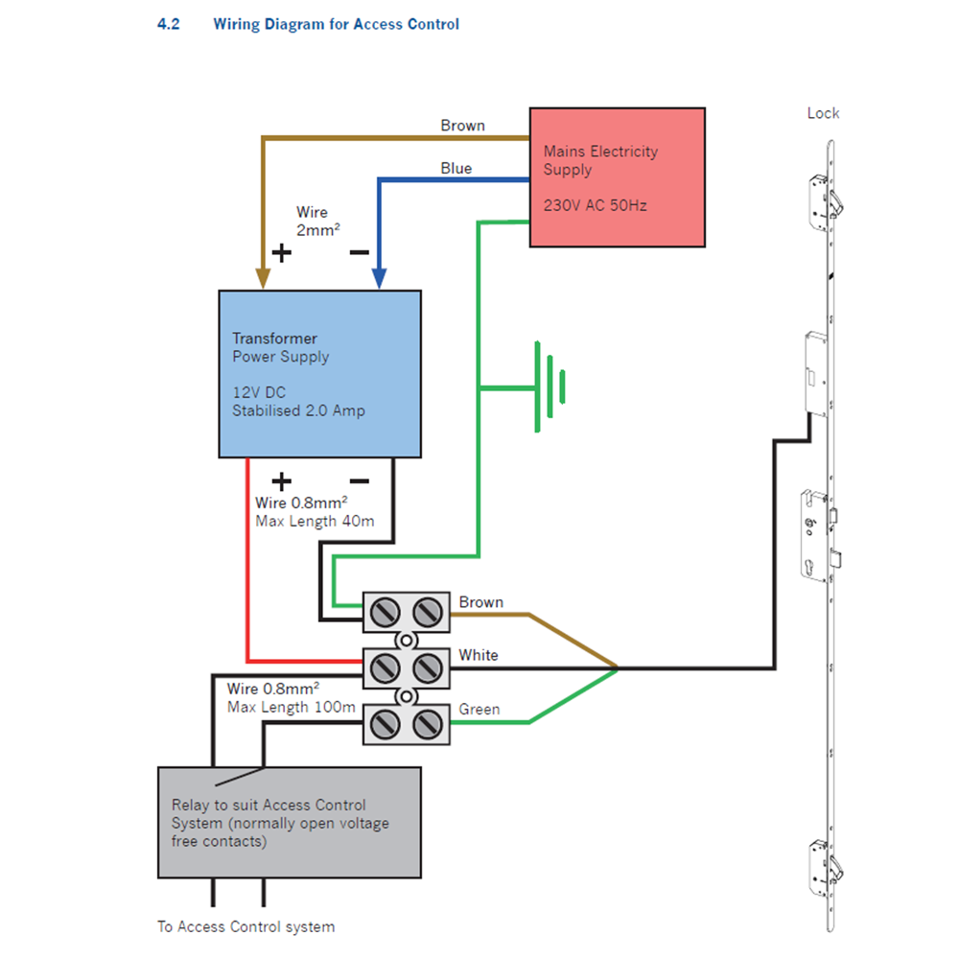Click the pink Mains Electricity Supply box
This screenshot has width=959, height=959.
tap(618, 177)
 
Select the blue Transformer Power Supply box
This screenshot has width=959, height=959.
tap(319, 374)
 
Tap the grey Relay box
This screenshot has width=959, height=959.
tap(289, 822)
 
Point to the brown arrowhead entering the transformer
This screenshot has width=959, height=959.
tap(262, 278)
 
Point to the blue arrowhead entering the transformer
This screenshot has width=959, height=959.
tap(380, 278)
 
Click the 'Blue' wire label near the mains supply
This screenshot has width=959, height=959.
tap(456, 168)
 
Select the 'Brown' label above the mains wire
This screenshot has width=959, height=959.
tap(463, 126)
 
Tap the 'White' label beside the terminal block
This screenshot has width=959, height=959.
tap(479, 655)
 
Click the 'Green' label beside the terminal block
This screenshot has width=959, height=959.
tap(479, 710)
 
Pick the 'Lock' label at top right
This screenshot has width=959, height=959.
tap(823, 113)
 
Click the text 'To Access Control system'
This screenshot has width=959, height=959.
tap(246, 926)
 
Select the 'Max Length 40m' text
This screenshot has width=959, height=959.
tap(315, 522)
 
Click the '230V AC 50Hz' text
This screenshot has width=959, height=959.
tap(596, 205)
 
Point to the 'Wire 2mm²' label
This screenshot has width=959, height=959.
tap(318, 221)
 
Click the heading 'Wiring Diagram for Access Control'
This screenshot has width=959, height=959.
tap(336, 24)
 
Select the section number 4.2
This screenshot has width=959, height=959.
tap(169, 24)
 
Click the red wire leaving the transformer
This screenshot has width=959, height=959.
tap(248, 566)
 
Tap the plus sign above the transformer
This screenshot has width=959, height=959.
tap(281, 252)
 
